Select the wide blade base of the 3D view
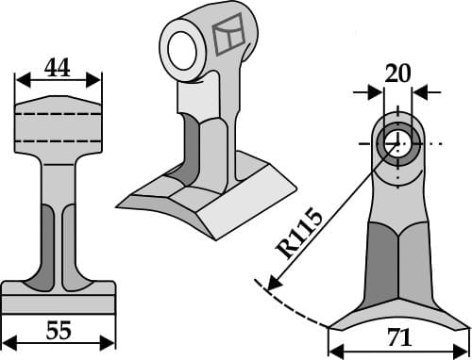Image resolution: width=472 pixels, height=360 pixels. [x=189, y=203]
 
